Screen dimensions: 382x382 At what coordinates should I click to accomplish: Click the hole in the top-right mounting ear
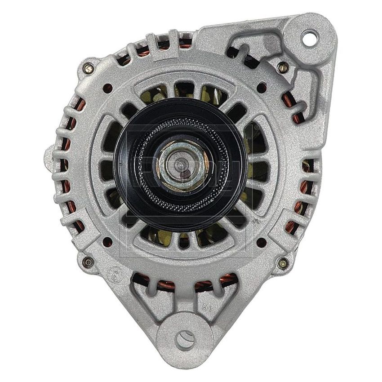(x=309, y=38)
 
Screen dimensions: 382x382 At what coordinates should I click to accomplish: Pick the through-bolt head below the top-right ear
(x=282, y=68)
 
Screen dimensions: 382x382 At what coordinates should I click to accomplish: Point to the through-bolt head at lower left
(x=88, y=262)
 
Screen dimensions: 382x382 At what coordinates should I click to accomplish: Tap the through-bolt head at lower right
(x=282, y=263)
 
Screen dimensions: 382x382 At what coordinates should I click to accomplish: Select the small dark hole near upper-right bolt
(x=262, y=88)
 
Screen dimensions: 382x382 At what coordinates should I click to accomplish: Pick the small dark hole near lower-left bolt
(x=107, y=243)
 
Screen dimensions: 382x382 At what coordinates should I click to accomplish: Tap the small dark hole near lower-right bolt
(x=262, y=243)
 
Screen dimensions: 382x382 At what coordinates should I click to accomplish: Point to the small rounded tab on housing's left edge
(x=49, y=155)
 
